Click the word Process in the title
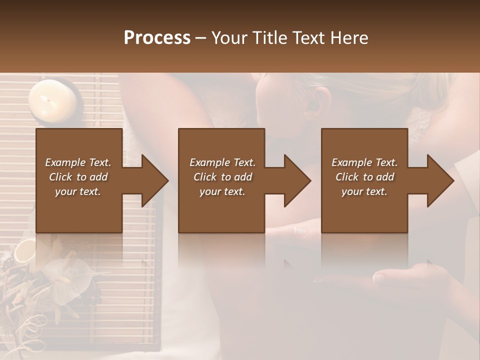coord(157,38)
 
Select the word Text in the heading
coord(310,38)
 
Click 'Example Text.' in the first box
coord(78,162)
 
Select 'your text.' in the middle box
coord(222,191)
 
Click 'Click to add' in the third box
coord(365,177)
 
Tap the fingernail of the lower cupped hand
coord(379,277)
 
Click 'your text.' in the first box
coord(78,191)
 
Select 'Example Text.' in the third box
coord(364,162)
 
